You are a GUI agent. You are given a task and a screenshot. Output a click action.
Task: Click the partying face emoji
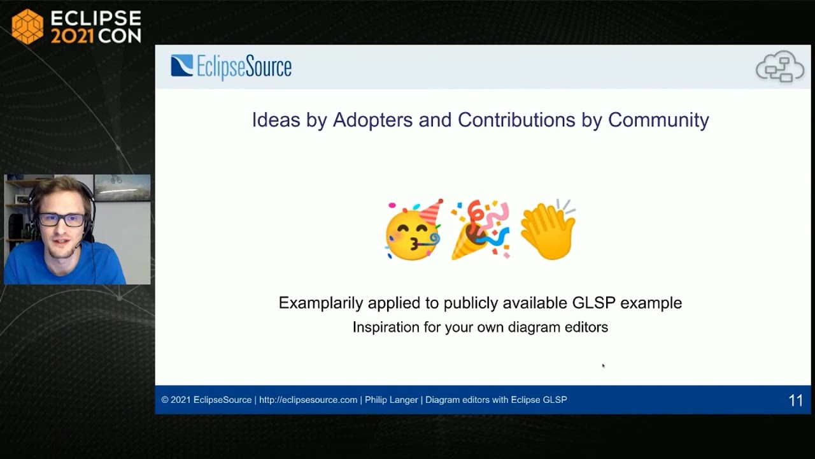(x=413, y=230)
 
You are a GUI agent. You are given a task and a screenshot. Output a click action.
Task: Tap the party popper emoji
(x=480, y=230)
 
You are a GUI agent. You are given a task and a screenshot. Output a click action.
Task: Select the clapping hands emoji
(x=548, y=230)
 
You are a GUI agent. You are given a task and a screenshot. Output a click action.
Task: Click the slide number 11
(x=795, y=400)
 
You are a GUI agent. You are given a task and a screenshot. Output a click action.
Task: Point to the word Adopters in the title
(x=372, y=120)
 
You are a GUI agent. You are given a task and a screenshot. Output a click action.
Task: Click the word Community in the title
(x=658, y=120)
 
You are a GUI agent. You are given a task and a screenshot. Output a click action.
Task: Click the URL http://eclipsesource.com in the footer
(x=308, y=400)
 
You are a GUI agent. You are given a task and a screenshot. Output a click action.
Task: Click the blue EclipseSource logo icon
(x=181, y=66)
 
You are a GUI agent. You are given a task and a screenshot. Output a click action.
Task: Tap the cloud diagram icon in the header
(x=779, y=67)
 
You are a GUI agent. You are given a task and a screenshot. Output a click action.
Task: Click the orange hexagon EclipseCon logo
(x=27, y=27)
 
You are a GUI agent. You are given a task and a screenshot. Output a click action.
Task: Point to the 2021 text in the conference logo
(x=72, y=36)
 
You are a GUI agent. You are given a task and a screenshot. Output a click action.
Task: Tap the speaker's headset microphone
(x=78, y=245)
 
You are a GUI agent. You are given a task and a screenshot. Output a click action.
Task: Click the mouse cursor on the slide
(x=603, y=365)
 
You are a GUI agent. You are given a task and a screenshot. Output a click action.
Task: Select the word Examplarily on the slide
(x=320, y=303)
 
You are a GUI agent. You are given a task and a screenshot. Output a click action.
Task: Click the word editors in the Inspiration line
(x=586, y=327)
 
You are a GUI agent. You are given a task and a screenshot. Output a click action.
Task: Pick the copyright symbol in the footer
(x=165, y=400)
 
